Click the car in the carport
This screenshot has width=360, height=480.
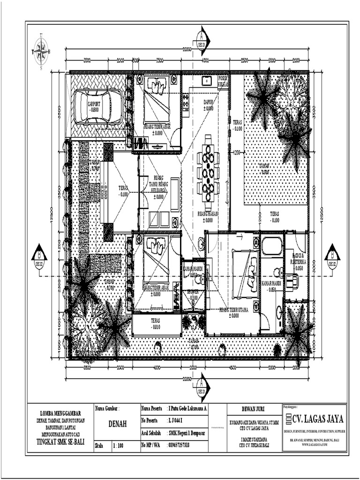click(x=98, y=106)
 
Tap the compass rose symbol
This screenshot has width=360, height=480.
click(x=42, y=50)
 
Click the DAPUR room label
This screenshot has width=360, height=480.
click(x=208, y=104)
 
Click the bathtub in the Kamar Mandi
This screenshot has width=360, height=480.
click(x=272, y=246)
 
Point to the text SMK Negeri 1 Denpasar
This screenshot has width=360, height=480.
click(x=187, y=434)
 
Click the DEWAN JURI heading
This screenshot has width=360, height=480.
click(x=254, y=409)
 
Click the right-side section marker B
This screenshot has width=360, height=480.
click(x=332, y=255)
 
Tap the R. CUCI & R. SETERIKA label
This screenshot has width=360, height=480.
click(x=298, y=261)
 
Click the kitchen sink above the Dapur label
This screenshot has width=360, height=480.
click(x=206, y=81)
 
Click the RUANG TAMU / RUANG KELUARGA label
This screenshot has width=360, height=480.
click(x=159, y=184)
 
